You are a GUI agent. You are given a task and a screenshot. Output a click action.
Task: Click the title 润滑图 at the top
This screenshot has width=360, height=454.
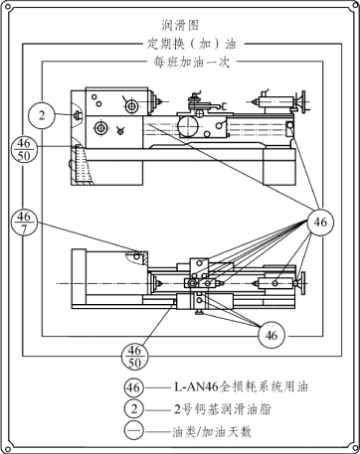click(180, 25)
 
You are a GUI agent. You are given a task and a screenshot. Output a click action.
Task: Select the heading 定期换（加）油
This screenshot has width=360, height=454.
click(191, 44)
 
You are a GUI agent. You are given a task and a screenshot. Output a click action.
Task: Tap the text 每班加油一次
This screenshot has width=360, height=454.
click(191, 62)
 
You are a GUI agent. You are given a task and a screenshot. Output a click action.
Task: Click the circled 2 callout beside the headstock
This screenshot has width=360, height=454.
click(42, 115)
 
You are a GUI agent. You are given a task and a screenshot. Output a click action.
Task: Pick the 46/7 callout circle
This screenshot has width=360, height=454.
click(24, 222)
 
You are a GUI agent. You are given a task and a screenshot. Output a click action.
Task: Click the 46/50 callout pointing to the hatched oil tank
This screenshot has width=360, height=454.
click(24, 150)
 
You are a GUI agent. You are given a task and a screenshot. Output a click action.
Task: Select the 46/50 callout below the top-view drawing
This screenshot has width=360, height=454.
click(134, 357)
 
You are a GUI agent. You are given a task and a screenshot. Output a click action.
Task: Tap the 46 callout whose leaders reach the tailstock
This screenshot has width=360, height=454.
click(320, 222)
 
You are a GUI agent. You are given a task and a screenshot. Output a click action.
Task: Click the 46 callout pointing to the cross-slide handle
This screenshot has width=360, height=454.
click(271, 336)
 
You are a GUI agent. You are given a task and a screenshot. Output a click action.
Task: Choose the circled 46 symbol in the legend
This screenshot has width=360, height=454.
click(134, 386)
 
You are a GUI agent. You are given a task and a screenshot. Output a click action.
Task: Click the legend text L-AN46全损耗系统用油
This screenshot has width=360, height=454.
click(241, 386)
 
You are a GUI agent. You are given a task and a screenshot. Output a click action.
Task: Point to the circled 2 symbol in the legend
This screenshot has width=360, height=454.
click(134, 409)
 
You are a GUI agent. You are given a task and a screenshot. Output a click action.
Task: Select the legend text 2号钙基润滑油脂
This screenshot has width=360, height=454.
click(223, 409)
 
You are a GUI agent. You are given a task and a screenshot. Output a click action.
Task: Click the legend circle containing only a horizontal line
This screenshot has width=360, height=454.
click(134, 431)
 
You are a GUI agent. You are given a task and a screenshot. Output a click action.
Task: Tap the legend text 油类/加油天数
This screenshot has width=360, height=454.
click(212, 432)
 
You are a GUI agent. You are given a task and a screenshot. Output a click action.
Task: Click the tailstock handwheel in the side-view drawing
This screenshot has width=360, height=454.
click(302, 101)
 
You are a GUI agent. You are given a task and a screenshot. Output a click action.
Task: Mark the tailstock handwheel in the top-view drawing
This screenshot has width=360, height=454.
click(302, 283)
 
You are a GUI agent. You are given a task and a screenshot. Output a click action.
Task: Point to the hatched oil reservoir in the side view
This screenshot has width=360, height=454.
click(83, 165)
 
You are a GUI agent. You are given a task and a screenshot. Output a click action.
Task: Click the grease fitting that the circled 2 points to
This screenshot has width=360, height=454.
click(78, 114)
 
